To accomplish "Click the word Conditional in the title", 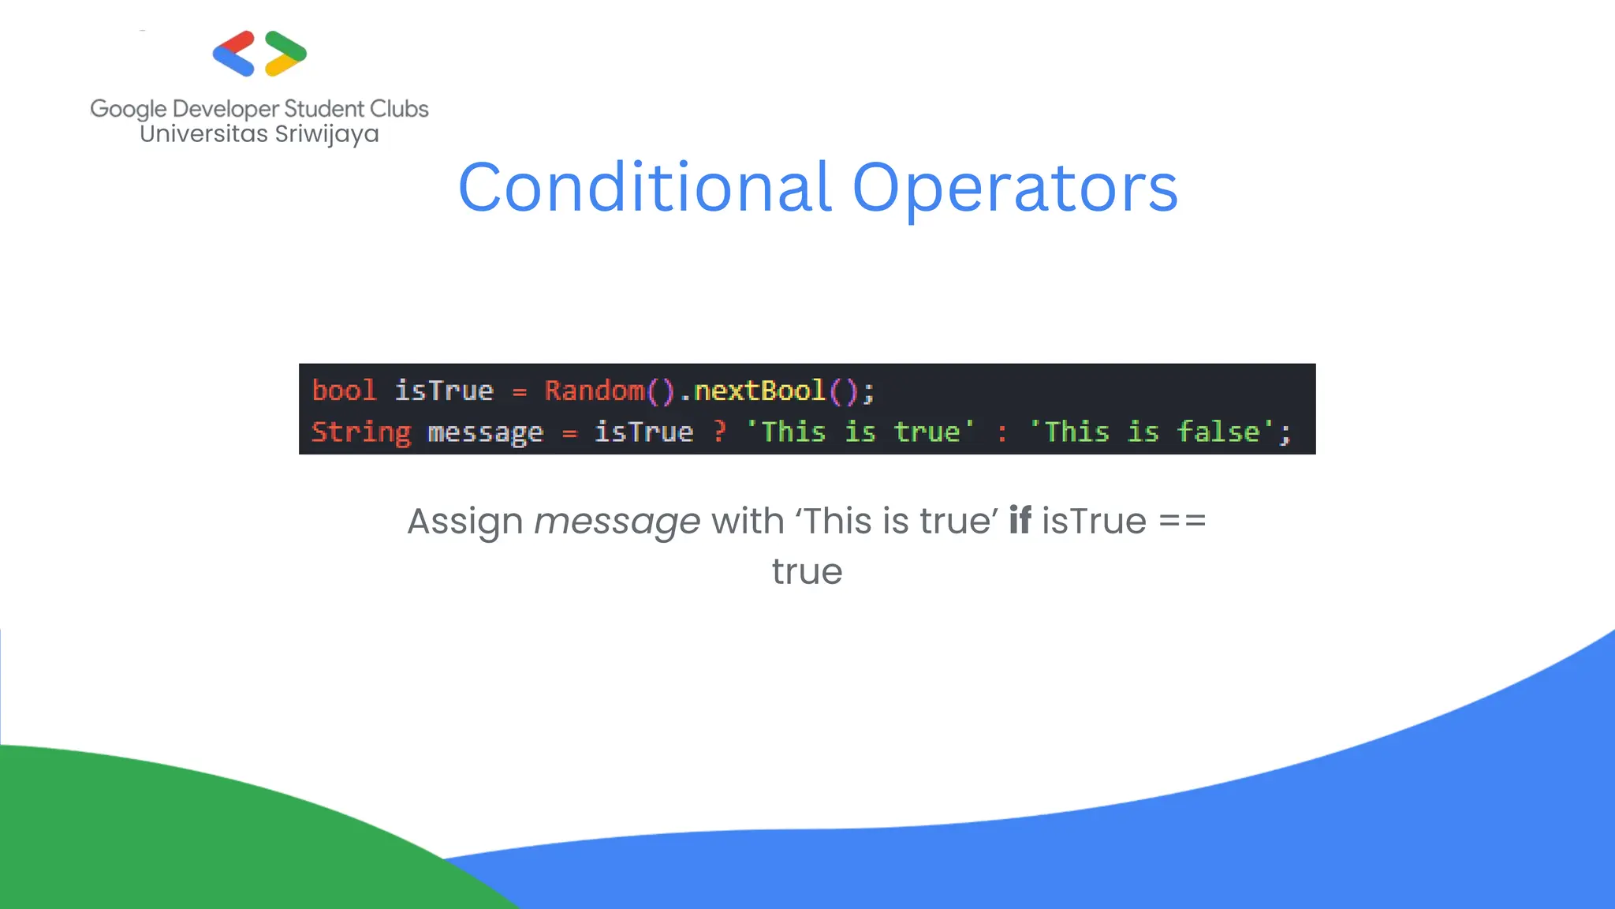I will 644,188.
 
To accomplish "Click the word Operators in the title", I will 1015,188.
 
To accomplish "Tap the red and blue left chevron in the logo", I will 233,54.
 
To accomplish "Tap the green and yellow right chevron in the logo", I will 285,54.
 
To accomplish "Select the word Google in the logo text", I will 129,109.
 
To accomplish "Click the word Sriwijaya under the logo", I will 326,134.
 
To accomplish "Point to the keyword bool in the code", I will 344,391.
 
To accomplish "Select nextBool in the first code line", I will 759,391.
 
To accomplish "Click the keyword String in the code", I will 360,432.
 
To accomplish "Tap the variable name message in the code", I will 485,432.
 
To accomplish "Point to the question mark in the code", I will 719,432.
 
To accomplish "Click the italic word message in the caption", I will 617,522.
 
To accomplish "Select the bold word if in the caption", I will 1020,521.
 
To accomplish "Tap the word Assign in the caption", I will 464,522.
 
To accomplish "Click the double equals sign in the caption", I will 1182,522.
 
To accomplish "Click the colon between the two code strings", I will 1002,433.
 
